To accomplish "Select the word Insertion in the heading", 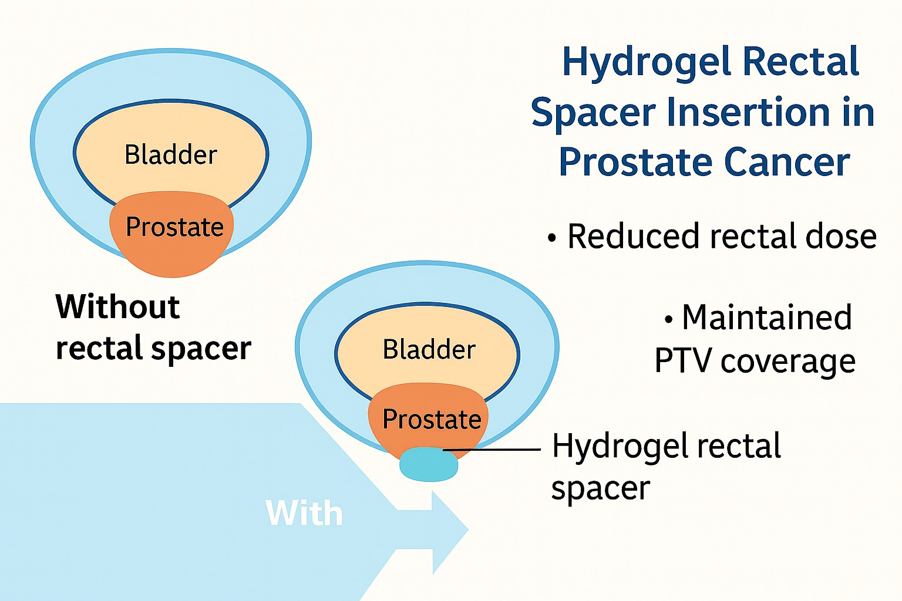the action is [x=748, y=112].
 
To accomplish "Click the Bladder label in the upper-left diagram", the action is [x=171, y=154].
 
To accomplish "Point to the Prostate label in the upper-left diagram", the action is [x=174, y=226].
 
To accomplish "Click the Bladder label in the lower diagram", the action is [x=429, y=349].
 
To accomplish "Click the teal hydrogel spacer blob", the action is [x=429, y=464].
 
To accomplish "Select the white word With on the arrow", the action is [x=304, y=513].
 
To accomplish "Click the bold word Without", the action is [x=117, y=306].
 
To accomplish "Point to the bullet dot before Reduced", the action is [x=551, y=238].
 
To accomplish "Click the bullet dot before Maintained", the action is [x=668, y=320].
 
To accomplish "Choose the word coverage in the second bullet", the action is [x=788, y=362].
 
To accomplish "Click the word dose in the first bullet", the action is [x=841, y=237].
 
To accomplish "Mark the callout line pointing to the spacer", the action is [x=492, y=449].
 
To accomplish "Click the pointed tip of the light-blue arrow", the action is [x=468, y=529].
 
